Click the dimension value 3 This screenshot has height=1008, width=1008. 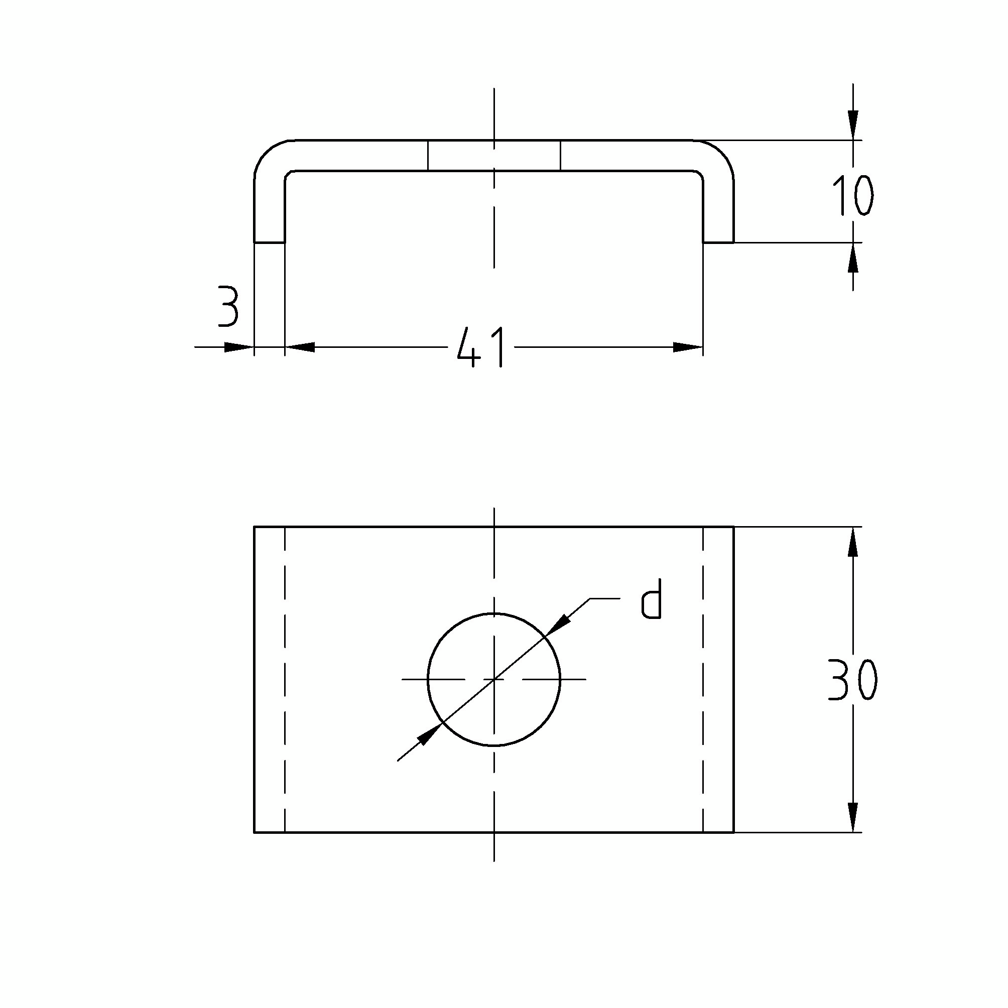(228, 307)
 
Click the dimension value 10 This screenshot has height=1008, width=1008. (852, 196)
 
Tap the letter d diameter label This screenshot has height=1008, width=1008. (652, 600)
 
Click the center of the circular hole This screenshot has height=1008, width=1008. (494, 679)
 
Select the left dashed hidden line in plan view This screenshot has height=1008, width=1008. (285, 679)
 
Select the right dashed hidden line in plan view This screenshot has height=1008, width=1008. (703, 679)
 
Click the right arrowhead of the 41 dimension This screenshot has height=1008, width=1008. (688, 347)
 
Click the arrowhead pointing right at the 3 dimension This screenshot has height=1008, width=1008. (239, 347)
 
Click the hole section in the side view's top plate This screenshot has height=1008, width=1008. (494, 156)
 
